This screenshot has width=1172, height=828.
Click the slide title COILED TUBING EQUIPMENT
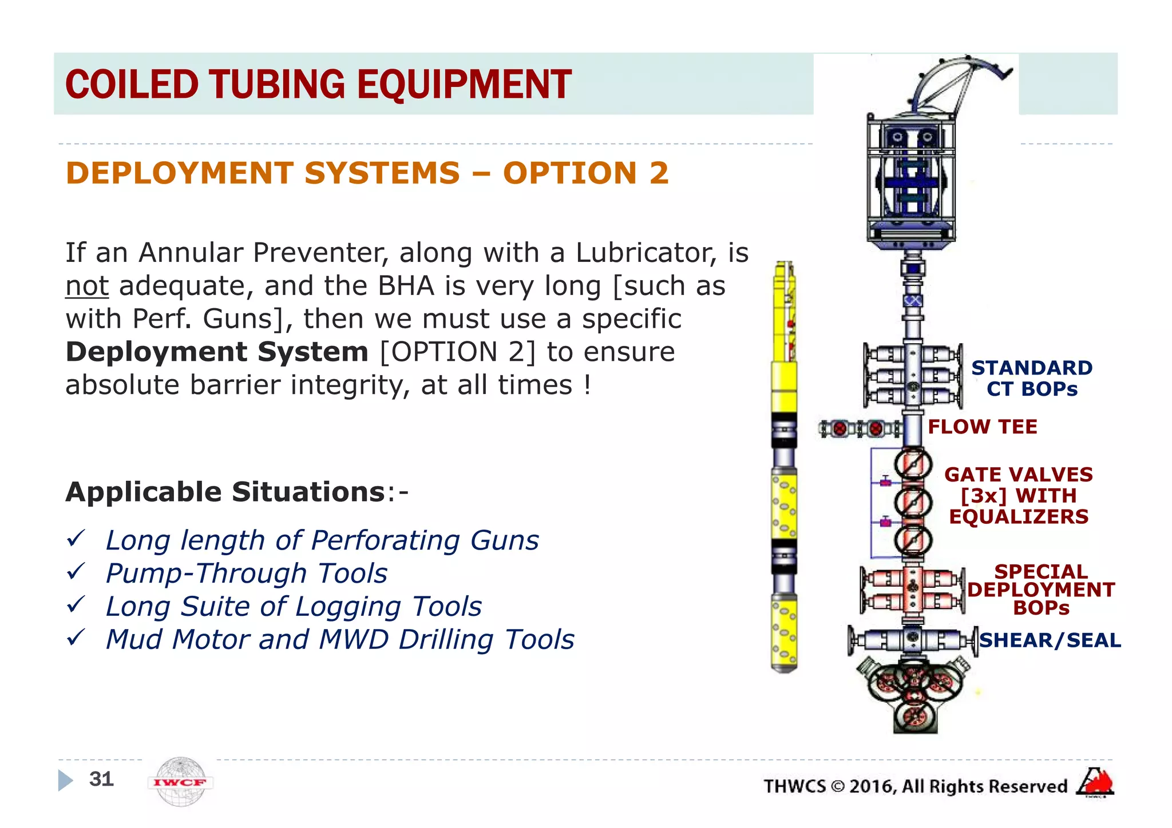click(318, 85)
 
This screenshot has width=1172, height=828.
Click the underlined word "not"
click(86, 286)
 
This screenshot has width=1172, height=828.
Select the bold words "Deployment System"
click(217, 352)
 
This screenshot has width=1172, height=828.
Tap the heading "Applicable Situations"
click(225, 492)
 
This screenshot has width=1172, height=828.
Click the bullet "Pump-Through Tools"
click(246, 574)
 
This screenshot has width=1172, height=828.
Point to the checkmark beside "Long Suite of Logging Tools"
click(76, 604)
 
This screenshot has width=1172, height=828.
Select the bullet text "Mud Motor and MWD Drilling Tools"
click(340, 639)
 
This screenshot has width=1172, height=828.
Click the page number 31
click(101, 779)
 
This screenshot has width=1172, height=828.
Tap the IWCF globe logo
click(180, 782)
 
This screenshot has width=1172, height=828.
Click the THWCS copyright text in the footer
click(915, 786)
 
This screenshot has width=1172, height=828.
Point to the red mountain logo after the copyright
click(1095, 782)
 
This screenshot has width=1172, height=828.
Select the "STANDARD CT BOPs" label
click(1032, 378)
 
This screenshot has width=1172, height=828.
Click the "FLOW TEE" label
click(982, 427)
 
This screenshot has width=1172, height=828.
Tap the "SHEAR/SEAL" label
click(1050, 640)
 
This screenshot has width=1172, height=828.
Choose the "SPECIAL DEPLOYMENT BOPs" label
click(1040, 590)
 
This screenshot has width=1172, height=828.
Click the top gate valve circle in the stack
click(913, 464)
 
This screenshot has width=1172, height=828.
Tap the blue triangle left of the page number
click(65, 780)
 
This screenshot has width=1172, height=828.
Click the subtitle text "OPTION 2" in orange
click(585, 173)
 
